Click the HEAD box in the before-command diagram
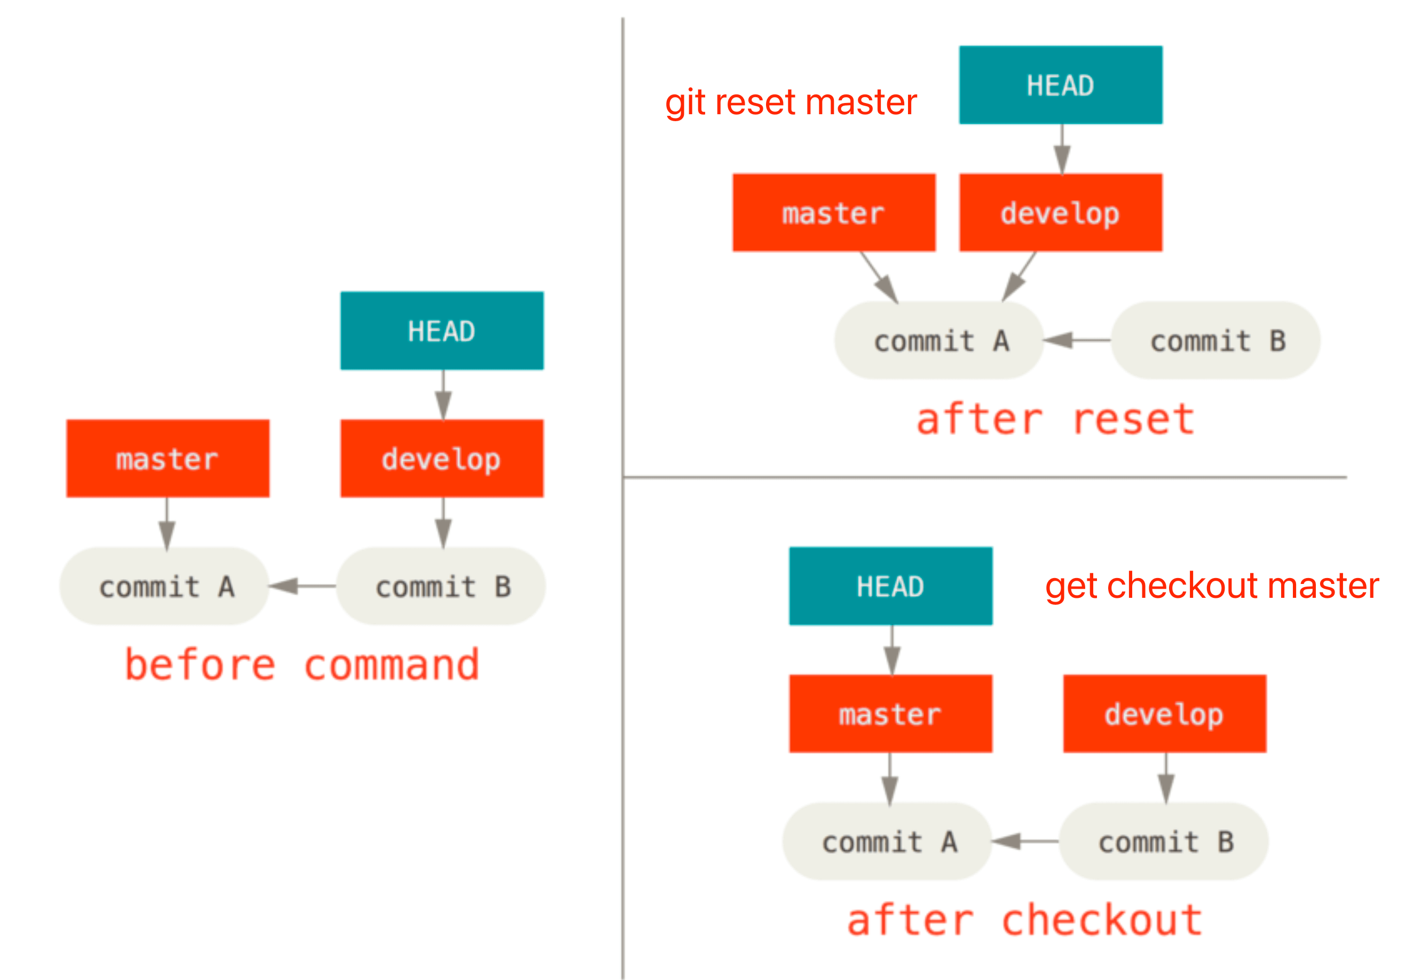pyautogui.click(x=441, y=330)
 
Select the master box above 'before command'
pyautogui.click(x=168, y=458)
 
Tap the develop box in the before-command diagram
pyautogui.click(x=441, y=458)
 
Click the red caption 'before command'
pyautogui.click(x=302, y=665)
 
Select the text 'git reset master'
pyautogui.click(x=791, y=102)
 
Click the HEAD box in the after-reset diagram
pyautogui.click(x=1061, y=85)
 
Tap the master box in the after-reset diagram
pyautogui.click(x=834, y=212)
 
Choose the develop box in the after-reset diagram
pyautogui.click(x=1061, y=212)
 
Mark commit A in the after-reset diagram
pyautogui.click(x=939, y=340)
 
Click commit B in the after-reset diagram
pyautogui.click(x=1216, y=340)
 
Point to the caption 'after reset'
pyautogui.click(x=1055, y=420)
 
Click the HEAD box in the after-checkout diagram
pyautogui.click(x=890, y=586)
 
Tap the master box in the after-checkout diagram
pyautogui.click(x=890, y=714)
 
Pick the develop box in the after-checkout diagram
pyautogui.click(x=1165, y=714)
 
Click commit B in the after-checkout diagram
pyautogui.click(x=1164, y=841)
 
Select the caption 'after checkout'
pyautogui.click(x=1024, y=920)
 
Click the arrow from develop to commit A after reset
pyautogui.click(x=1020, y=276)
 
